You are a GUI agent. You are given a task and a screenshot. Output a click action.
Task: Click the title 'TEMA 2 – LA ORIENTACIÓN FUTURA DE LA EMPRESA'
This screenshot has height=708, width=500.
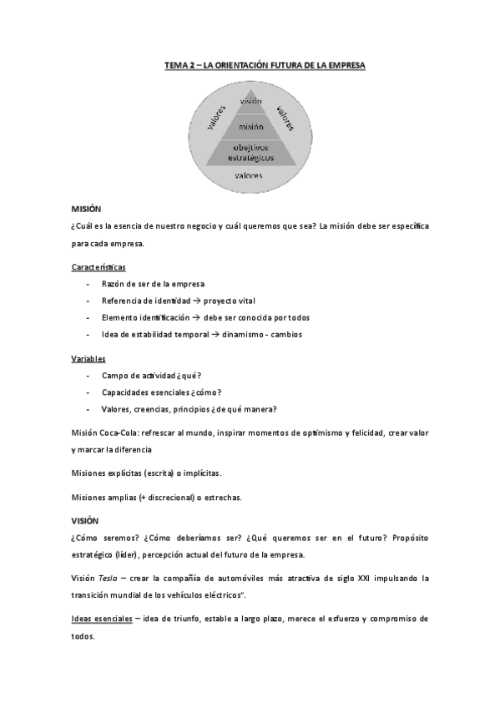[264, 63]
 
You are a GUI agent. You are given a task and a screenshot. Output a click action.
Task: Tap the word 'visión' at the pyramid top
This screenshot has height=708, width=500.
[250, 101]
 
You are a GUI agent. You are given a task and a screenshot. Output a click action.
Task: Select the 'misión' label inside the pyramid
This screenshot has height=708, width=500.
[250, 126]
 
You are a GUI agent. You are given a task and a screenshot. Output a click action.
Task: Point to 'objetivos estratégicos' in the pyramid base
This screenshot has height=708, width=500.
[250, 152]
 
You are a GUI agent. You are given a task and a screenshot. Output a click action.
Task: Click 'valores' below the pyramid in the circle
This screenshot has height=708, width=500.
[249, 176]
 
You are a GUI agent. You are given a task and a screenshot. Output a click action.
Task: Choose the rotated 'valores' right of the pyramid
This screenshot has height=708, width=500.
[285, 117]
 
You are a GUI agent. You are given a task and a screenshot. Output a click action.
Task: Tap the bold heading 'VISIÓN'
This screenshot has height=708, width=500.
[86, 519]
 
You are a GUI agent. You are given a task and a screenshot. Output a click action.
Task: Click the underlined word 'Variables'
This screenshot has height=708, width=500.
[88, 359]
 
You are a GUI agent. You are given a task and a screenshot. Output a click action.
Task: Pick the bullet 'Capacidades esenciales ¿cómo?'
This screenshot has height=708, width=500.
[161, 392]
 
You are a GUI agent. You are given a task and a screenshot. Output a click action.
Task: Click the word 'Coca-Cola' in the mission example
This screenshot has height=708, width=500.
[123, 432]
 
